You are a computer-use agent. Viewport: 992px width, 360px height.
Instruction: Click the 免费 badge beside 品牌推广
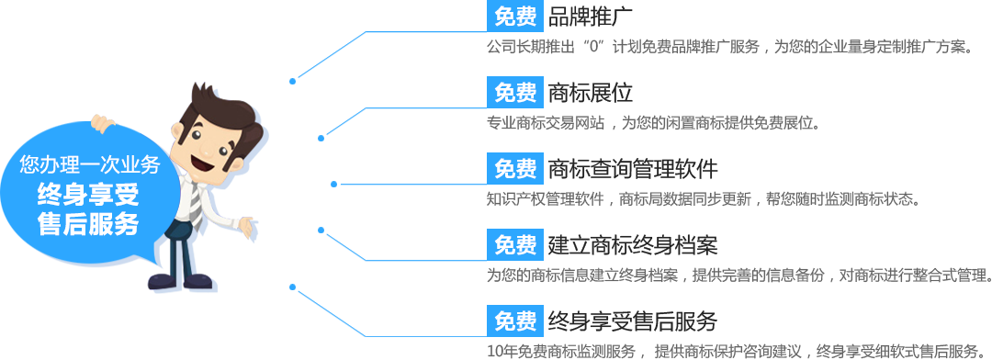tap(514, 16)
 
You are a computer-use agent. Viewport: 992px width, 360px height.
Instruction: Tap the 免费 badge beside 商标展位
tap(514, 92)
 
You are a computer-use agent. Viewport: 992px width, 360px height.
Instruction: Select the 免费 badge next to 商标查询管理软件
tap(514, 169)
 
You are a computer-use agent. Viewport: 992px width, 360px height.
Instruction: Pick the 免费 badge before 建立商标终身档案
tap(514, 245)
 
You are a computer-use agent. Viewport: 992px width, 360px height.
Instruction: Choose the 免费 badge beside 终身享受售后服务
tap(514, 321)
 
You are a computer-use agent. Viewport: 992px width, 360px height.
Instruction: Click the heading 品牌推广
tap(589, 16)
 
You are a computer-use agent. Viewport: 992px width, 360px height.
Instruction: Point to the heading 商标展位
tap(589, 92)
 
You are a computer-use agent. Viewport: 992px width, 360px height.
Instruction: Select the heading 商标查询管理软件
tap(631, 169)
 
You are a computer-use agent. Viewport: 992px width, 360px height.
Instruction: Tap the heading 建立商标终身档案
tap(631, 245)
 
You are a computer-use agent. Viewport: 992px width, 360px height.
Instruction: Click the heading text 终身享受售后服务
tap(631, 321)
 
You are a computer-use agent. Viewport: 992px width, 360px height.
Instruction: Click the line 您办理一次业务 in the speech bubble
tap(90, 165)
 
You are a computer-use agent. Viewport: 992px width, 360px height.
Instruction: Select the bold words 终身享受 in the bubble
tap(88, 195)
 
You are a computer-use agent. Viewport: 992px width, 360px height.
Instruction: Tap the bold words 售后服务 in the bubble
tap(88, 224)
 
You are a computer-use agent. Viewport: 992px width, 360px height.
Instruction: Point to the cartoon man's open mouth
tap(199, 163)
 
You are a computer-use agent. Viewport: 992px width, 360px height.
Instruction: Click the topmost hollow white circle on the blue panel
tap(321, 139)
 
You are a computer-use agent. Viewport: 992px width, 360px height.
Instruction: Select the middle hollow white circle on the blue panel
tap(334, 184)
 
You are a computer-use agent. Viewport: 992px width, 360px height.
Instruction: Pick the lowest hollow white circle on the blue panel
tap(321, 230)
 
